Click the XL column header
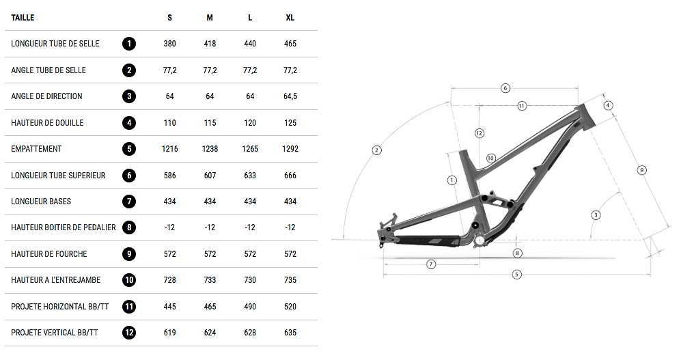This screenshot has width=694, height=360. (x=290, y=17)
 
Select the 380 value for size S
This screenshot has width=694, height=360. (x=169, y=44)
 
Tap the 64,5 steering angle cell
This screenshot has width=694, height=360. (x=290, y=96)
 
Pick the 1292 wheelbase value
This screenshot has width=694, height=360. (x=290, y=149)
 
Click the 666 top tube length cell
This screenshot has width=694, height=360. (x=290, y=176)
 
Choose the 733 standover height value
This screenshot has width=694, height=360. (x=210, y=280)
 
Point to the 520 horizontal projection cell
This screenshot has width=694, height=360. (x=290, y=307)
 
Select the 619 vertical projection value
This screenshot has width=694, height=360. (x=169, y=333)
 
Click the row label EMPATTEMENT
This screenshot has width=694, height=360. (x=36, y=149)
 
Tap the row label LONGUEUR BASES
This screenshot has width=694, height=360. (x=41, y=202)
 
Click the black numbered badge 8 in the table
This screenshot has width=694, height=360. (x=129, y=227)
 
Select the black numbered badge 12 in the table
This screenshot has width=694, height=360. (x=129, y=333)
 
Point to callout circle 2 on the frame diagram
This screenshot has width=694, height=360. (x=376, y=150)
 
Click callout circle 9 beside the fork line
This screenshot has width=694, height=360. (x=641, y=169)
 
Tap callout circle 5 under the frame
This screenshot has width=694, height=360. (x=516, y=275)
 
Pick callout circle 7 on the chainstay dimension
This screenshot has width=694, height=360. (x=430, y=264)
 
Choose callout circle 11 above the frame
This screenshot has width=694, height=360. (x=521, y=106)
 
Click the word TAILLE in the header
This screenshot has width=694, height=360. (x=23, y=17)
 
